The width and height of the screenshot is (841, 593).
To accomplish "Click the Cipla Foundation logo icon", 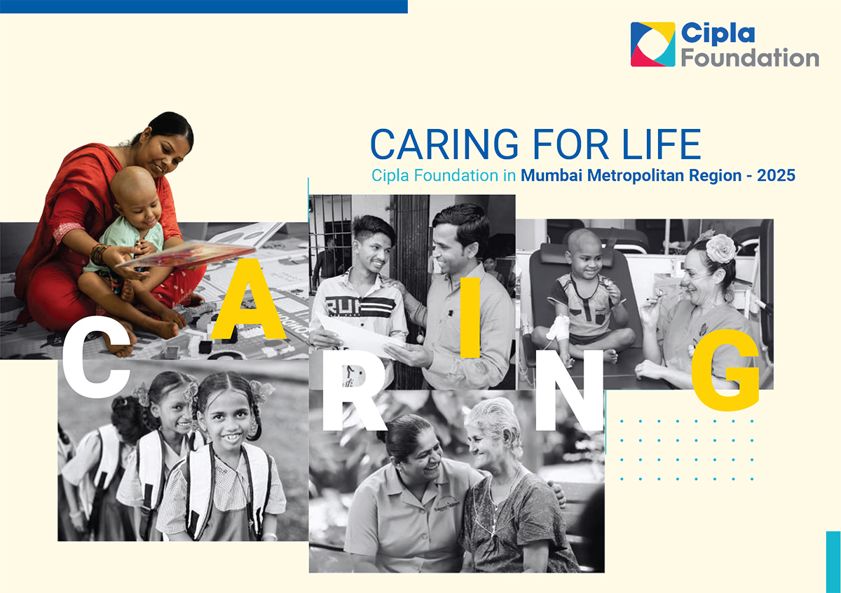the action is (x=652, y=44).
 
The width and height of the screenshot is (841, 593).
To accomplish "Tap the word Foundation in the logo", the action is (x=750, y=57).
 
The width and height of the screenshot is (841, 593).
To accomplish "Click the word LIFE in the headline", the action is (x=662, y=144).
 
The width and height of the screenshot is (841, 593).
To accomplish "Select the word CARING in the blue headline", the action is (x=444, y=144).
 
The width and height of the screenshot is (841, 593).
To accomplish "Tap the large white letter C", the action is (x=96, y=357).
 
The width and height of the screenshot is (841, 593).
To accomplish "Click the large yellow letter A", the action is (x=248, y=299).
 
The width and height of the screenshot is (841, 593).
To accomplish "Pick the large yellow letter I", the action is (x=470, y=318).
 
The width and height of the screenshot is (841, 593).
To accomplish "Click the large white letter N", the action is (x=569, y=390).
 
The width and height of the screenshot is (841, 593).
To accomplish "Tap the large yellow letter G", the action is (x=725, y=370).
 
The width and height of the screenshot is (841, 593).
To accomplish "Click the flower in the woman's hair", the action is (x=720, y=248).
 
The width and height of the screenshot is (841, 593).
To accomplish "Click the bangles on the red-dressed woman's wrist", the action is (x=99, y=254).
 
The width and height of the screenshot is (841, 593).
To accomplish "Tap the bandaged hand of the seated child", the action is (x=559, y=327).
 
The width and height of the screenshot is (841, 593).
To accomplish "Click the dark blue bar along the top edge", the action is (x=204, y=7).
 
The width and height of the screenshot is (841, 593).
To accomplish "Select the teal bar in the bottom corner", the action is (x=833, y=562).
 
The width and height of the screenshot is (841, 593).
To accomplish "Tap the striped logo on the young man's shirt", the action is (x=360, y=306).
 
